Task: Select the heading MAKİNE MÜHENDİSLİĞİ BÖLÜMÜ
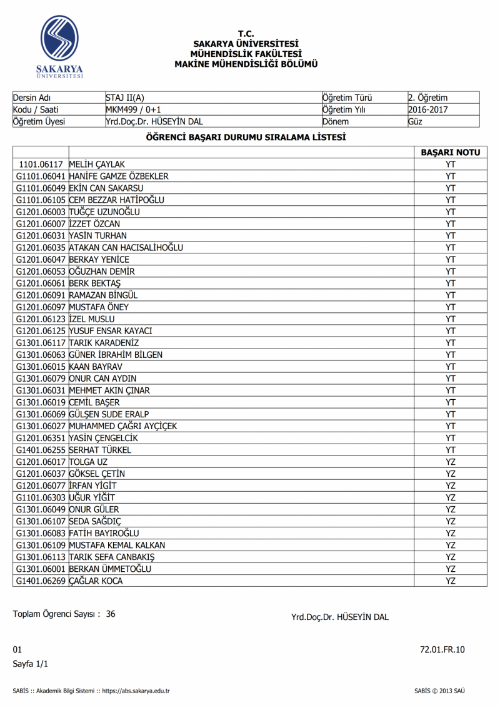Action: [246, 64]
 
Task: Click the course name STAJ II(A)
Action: [125, 98]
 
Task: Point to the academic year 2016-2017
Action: [427, 109]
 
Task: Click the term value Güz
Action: [415, 121]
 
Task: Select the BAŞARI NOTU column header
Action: [450, 153]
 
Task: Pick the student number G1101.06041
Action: [41, 176]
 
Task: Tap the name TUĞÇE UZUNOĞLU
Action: [104, 212]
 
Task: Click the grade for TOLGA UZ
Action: [450, 462]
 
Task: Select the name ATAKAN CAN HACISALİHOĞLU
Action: [126, 248]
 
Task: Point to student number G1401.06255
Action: [41, 450]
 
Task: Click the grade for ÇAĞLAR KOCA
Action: [450, 581]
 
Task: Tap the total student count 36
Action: [111, 614]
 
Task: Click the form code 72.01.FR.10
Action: [442, 649]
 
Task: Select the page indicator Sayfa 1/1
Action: [31, 664]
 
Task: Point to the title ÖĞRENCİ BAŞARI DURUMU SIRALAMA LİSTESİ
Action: [246, 137]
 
